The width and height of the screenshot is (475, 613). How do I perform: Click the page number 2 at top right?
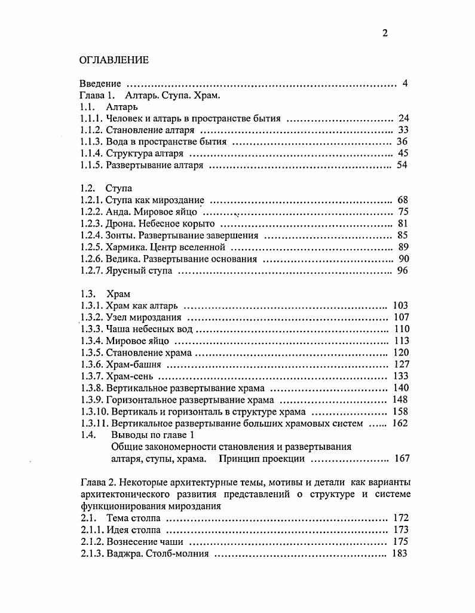pyautogui.click(x=385, y=33)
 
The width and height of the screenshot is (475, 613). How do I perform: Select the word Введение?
pyautogui.click(x=100, y=84)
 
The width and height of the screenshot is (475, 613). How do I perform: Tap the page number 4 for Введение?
pyautogui.click(x=404, y=84)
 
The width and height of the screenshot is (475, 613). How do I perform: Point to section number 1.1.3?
pyautogui.click(x=91, y=142)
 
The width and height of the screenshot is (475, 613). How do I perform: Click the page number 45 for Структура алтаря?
pyautogui.click(x=402, y=154)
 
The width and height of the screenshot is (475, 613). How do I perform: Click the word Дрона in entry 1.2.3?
pyautogui.click(x=119, y=224)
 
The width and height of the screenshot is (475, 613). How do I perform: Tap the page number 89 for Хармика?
pyautogui.click(x=402, y=247)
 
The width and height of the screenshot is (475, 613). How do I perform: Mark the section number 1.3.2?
pyautogui.click(x=91, y=317)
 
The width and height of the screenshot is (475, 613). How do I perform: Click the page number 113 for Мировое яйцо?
pyautogui.click(x=400, y=341)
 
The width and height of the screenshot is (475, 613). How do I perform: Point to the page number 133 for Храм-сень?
pyautogui.click(x=400, y=376)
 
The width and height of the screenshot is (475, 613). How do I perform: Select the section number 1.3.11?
pyautogui.click(x=94, y=424)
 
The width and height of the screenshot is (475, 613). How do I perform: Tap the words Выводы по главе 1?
pyautogui.click(x=149, y=436)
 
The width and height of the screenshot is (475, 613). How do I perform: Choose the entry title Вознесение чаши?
pyautogui.click(x=145, y=542)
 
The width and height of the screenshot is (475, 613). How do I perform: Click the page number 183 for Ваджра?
pyautogui.click(x=400, y=554)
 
